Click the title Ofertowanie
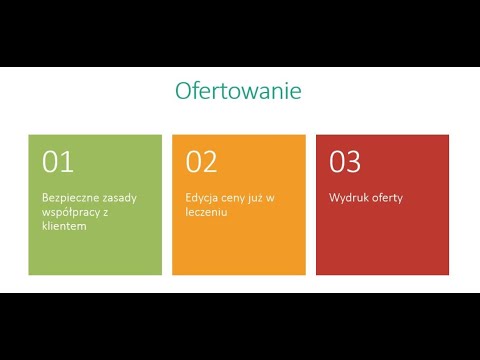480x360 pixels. point(238,91)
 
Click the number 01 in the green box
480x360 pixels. point(57,161)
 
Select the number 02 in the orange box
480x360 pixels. point(201,161)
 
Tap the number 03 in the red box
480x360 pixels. point(345,161)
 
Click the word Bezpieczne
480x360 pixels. point(68,197)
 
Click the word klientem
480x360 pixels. point(64,226)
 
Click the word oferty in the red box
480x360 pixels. point(385,197)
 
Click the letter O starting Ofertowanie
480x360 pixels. point(184,91)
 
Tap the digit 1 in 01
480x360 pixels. point(67,161)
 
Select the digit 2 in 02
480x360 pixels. point(210,161)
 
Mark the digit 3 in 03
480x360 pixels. point(354,161)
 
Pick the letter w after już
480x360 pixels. point(271,197)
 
